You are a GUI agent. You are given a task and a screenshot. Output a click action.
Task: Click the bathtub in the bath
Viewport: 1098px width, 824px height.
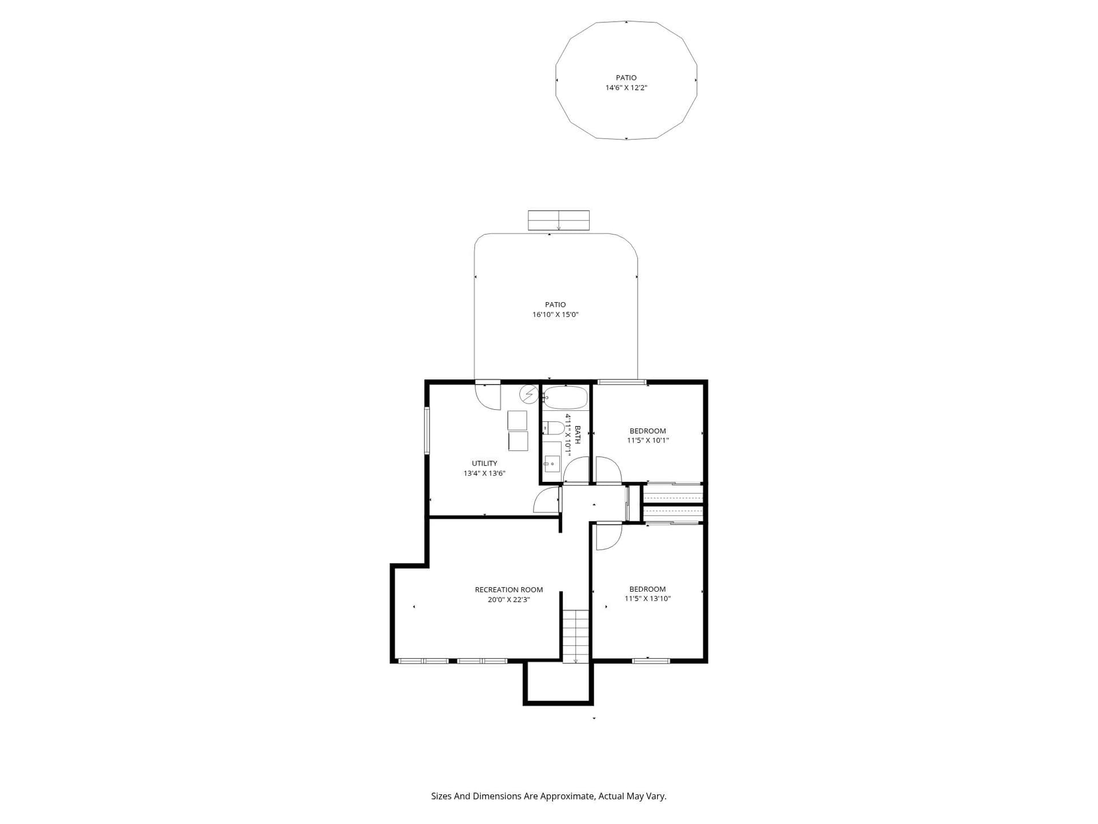click(565, 397)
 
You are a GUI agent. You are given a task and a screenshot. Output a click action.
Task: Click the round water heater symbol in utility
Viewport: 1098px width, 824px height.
click(529, 394)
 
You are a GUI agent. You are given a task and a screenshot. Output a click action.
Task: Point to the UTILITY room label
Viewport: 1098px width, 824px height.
click(484, 463)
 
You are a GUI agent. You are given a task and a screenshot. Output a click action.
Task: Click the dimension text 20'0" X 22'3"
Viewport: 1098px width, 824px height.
click(508, 600)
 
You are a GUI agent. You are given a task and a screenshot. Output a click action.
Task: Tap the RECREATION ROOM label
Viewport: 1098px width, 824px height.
click(508, 589)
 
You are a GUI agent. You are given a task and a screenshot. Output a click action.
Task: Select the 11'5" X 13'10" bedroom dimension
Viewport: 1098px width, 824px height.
click(647, 599)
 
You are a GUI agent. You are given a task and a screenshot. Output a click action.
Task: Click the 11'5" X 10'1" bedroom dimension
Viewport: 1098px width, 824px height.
click(647, 441)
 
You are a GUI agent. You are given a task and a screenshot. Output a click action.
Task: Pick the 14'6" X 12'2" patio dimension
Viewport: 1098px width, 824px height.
click(626, 88)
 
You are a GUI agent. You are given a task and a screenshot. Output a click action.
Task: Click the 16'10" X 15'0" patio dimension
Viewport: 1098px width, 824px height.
click(555, 315)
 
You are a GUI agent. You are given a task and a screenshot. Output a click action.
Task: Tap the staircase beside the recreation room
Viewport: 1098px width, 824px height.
click(575, 636)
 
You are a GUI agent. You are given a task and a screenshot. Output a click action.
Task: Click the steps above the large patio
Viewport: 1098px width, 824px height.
click(558, 220)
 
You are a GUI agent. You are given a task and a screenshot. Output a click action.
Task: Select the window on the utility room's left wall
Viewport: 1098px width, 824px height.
click(427, 431)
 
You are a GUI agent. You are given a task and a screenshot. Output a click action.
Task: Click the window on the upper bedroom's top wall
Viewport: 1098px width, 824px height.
click(622, 382)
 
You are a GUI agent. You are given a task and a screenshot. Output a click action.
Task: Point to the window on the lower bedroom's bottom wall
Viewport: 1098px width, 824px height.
click(651, 661)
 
